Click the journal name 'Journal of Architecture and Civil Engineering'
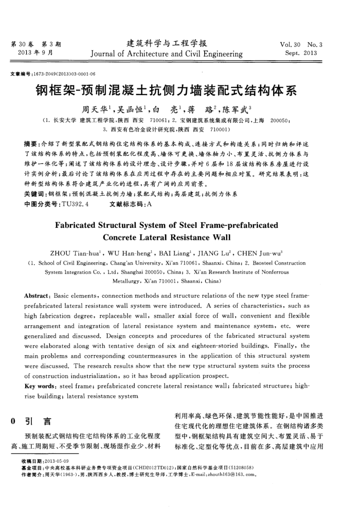point(167,53)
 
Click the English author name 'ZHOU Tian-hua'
point(71,252)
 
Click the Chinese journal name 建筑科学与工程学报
point(167,43)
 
